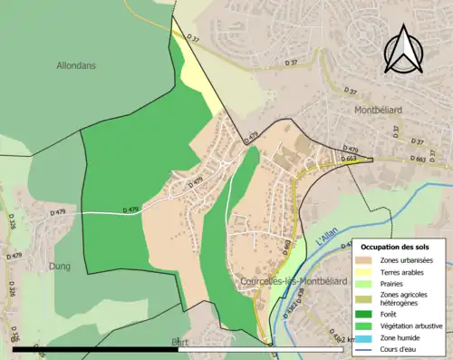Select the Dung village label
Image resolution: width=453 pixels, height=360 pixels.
tap(60, 267)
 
